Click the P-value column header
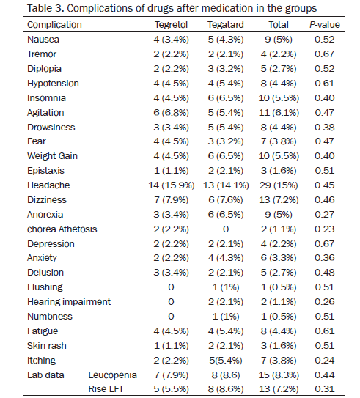coord(325,25)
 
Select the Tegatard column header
coord(225,25)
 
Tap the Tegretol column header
coord(171,25)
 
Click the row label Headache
coord(48,185)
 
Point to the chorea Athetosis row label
coord(62,229)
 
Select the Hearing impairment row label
coord(69,302)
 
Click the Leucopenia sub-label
coord(112,375)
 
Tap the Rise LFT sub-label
coord(106,389)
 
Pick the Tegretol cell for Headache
coord(172,185)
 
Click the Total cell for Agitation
coord(279,113)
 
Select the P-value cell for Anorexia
coord(325,215)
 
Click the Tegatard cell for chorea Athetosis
coord(226,229)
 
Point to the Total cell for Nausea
coord(279,40)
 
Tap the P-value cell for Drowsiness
coord(325,128)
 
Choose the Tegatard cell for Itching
coord(225,361)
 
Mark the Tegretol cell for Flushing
coord(171,287)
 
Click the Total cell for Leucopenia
coord(279,375)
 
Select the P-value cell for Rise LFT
coord(325,389)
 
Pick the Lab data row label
coord(45,375)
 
